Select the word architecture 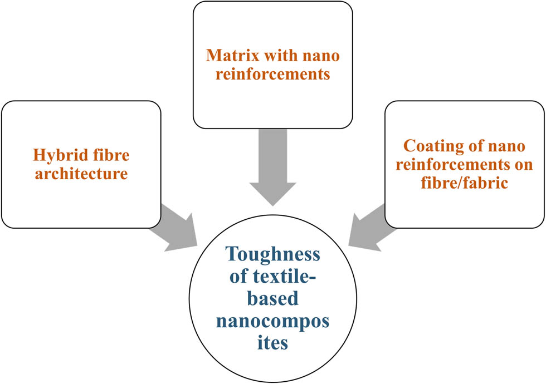pyautogui.click(x=81, y=174)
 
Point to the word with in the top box pyautogui.click(x=275, y=56)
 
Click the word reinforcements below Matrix pyautogui.click(x=273, y=73)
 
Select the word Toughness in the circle pyautogui.click(x=273, y=255)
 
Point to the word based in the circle pyautogui.click(x=272, y=299)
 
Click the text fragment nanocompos pyautogui.click(x=273, y=321)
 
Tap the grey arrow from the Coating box pyautogui.click(x=368, y=225)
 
